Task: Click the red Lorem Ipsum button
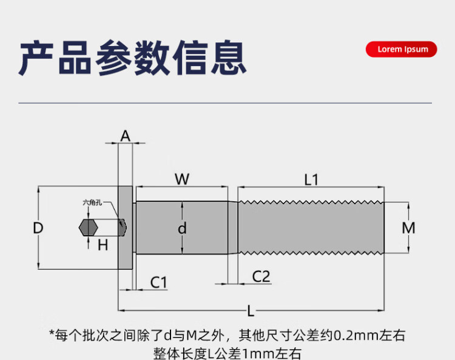click(x=402, y=49)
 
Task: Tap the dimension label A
click(x=125, y=136)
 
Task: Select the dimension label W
click(x=182, y=179)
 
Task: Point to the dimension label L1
click(x=311, y=179)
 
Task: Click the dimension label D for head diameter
click(x=38, y=228)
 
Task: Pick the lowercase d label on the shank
click(x=182, y=228)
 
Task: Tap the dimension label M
click(x=409, y=228)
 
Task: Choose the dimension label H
click(x=103, y=245)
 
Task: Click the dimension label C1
click(x=158, y=282)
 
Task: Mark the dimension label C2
click(x=261, y=277)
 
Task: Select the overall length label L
click(x=251, y=311)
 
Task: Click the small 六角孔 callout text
click(x=92, y=204)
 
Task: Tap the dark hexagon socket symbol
click(x=89, y=228)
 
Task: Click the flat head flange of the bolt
click(x=125, y=227)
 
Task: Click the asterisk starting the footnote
click(x=52, y=334)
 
